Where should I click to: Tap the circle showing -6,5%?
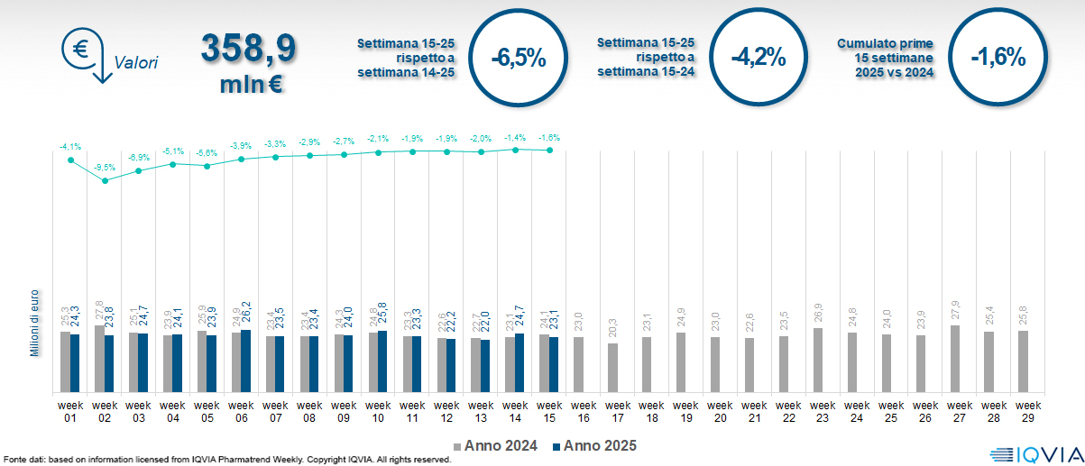tap(519, 59)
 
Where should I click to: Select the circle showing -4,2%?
tap(759, 59)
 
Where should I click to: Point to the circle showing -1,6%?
tap(998, 59)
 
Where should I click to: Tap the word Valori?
tap(136, 63)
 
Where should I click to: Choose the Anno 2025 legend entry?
tap(594, 445)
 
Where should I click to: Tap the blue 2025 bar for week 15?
tap(555, 365)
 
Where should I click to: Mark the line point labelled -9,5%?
tap(106, 180)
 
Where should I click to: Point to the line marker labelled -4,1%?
tap(71, 160)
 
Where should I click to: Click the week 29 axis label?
tap(1024, 411)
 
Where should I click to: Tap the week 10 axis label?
tap(378, 411)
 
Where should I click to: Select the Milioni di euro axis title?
tap(34, 323)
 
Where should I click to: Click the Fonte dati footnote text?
tap(226, 460)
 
